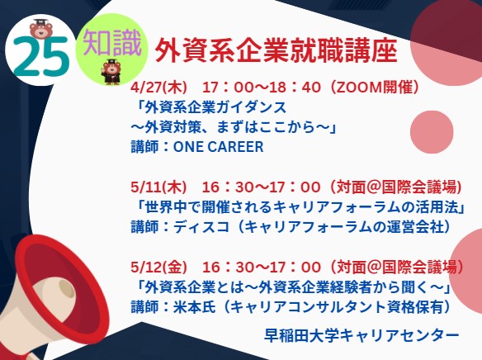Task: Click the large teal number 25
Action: coord(41,56)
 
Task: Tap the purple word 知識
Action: coord(112,43)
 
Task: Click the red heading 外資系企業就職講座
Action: coord(276,51)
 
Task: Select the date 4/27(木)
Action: coord(158,88)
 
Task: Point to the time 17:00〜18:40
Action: coord(262,88)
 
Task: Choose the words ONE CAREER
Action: coord(219,147)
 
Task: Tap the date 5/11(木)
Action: coord(158,187)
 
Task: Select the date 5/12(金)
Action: coord(158,267)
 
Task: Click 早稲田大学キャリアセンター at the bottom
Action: coord(361,335)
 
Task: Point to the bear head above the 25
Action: coord(41,28)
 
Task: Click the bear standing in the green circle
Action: coord(111,72)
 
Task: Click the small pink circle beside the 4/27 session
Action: coord(432,132)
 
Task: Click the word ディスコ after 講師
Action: coord(201,227)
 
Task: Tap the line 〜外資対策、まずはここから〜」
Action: coord(233,127)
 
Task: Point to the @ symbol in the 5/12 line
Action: coord(373,267)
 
